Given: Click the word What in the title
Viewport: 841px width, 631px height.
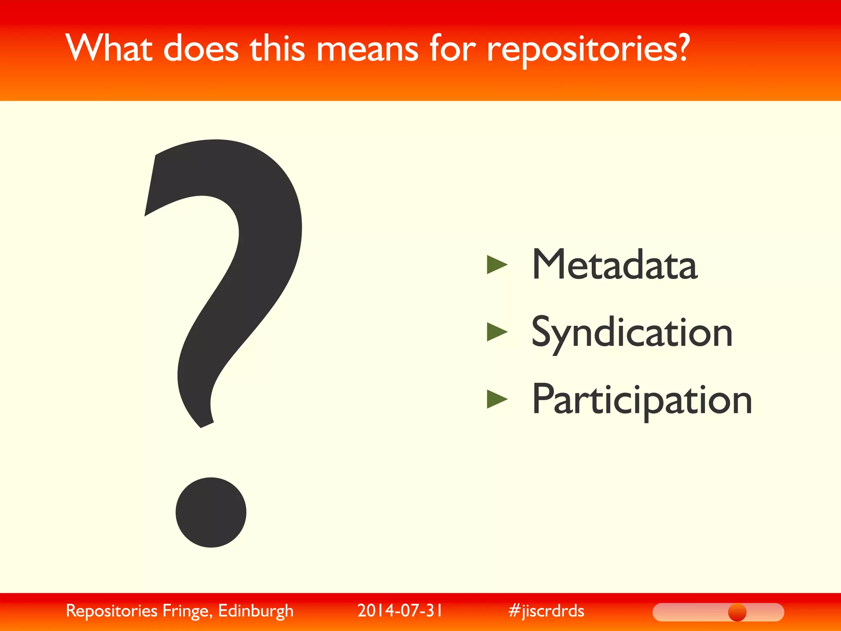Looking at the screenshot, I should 108,48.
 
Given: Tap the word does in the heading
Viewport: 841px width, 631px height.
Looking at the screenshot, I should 201,48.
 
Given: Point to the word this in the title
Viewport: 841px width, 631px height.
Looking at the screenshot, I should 278,48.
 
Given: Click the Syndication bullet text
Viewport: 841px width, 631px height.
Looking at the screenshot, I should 632,333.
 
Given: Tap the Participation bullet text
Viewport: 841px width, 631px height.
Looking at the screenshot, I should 641,400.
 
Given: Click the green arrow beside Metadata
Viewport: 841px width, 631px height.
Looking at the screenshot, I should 497,264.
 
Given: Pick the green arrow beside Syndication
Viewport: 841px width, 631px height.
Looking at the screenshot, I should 497,332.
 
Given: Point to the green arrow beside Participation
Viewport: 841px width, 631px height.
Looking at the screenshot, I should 497,399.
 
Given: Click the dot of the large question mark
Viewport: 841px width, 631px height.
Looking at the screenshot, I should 211,512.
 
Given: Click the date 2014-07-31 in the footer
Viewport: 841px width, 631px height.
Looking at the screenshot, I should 400,610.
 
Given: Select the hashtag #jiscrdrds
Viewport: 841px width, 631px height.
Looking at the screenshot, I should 546,611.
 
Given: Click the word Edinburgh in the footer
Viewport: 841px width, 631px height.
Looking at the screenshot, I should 255,611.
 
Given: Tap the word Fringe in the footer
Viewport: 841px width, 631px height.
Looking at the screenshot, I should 187,611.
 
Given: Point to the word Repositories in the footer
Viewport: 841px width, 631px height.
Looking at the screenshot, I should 112,611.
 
